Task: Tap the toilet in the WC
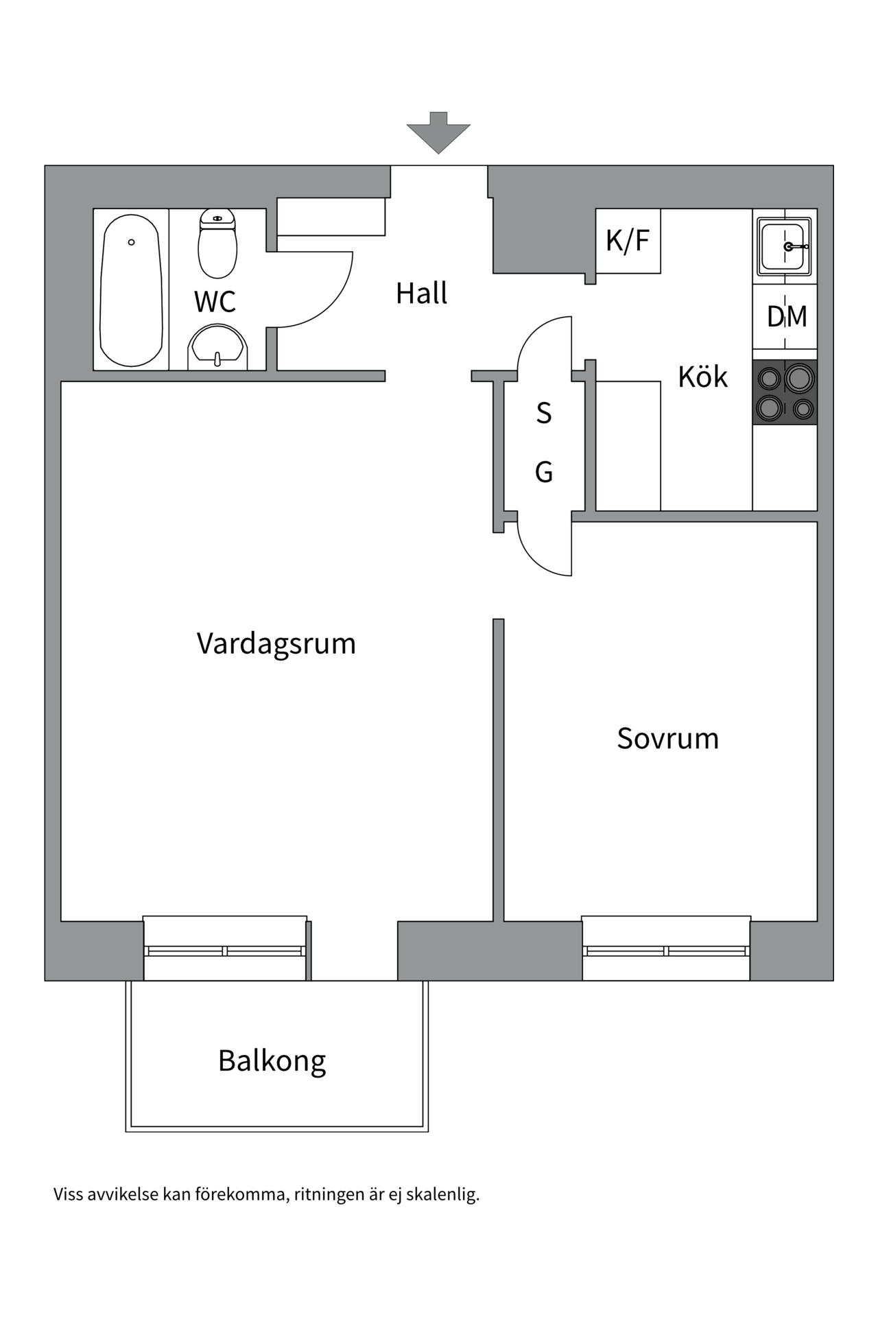[x=217, y=244]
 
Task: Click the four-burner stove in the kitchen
[x=785, y=392]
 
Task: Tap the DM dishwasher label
[x=786, y=317]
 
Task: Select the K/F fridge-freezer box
[x=628, y=241]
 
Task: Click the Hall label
[x=421, y=294]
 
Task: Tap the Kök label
[x=702, y=377]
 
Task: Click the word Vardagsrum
[x=276, y=644]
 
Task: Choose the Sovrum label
[x=667, y=739]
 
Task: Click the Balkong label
[x=272, y=1060]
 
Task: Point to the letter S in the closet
[x=544, y=414]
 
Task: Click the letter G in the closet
[x=544, y=472]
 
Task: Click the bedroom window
[x=665, y=951]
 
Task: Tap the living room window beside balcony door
[x=225, y=951]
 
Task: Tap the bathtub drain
[x=132, y=242]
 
